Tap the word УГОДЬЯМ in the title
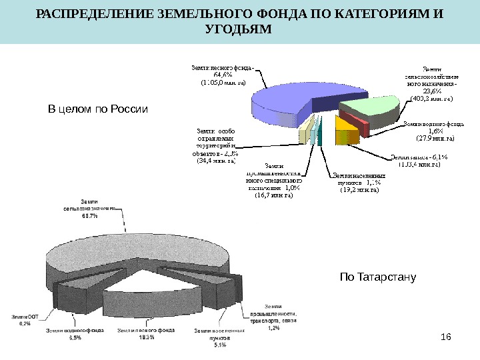click(240, 31)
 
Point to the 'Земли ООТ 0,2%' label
click(25, 320)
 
